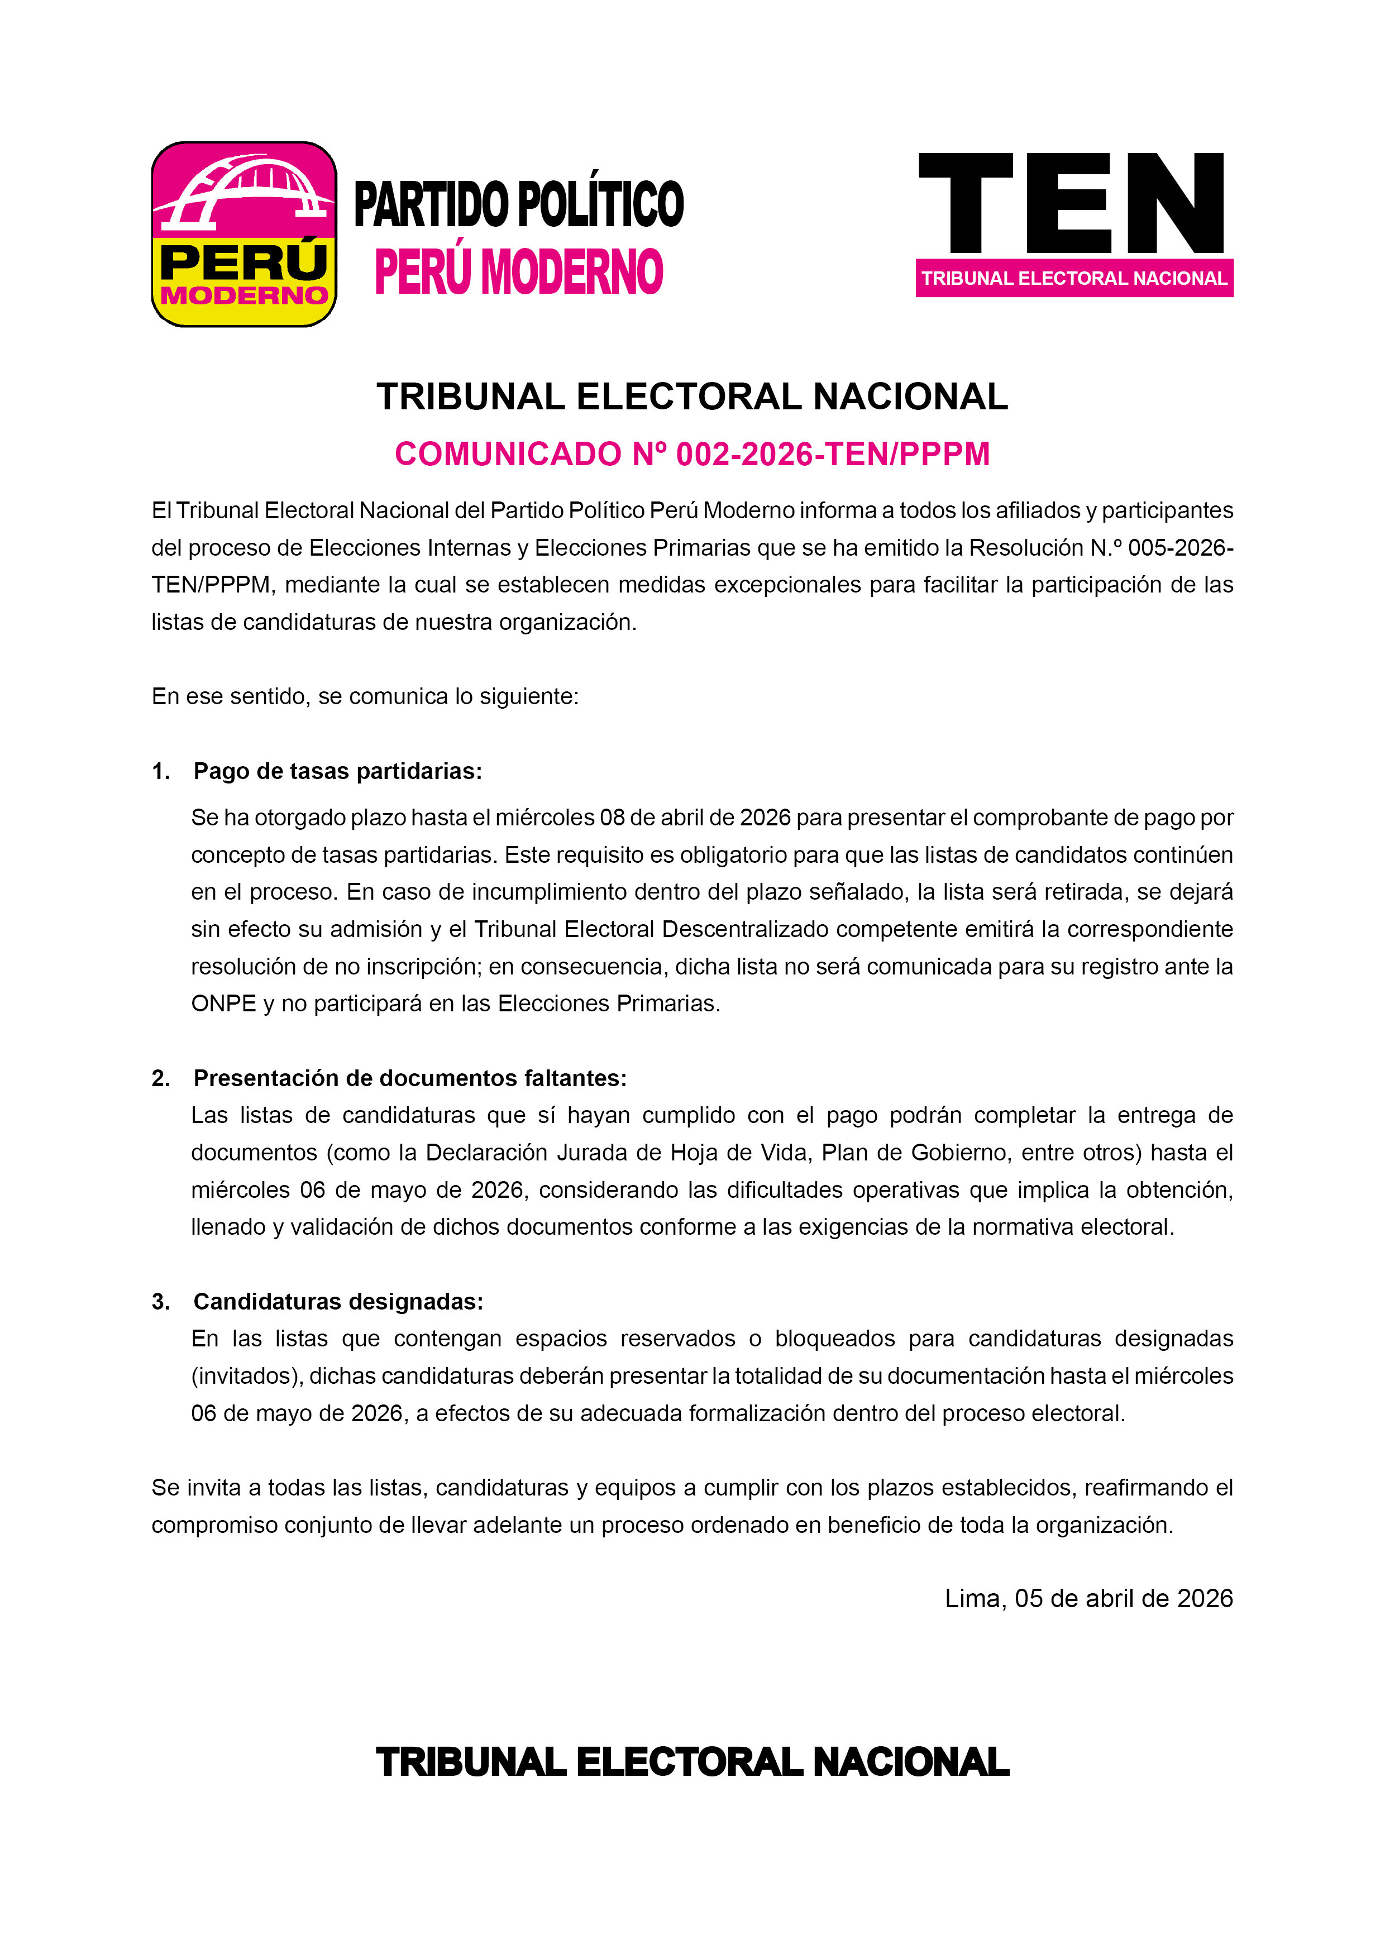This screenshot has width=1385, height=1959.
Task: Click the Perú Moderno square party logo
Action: [x=244, y=235]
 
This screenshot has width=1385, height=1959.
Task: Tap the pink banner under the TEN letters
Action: [x=1073, y=278]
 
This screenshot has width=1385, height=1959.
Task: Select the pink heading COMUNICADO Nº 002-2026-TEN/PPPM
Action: [x=692, y=454]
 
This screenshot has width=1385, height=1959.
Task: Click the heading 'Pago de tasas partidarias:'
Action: [x=338, y=771]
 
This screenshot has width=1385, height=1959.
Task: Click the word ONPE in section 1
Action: [x=223, y=1004]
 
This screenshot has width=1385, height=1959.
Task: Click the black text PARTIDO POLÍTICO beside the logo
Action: [x=519, y=205]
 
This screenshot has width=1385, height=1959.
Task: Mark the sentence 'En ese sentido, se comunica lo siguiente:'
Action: [x=365, y=696]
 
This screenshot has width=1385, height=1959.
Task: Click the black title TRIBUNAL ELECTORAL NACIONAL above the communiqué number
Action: [x=692, y=396]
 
